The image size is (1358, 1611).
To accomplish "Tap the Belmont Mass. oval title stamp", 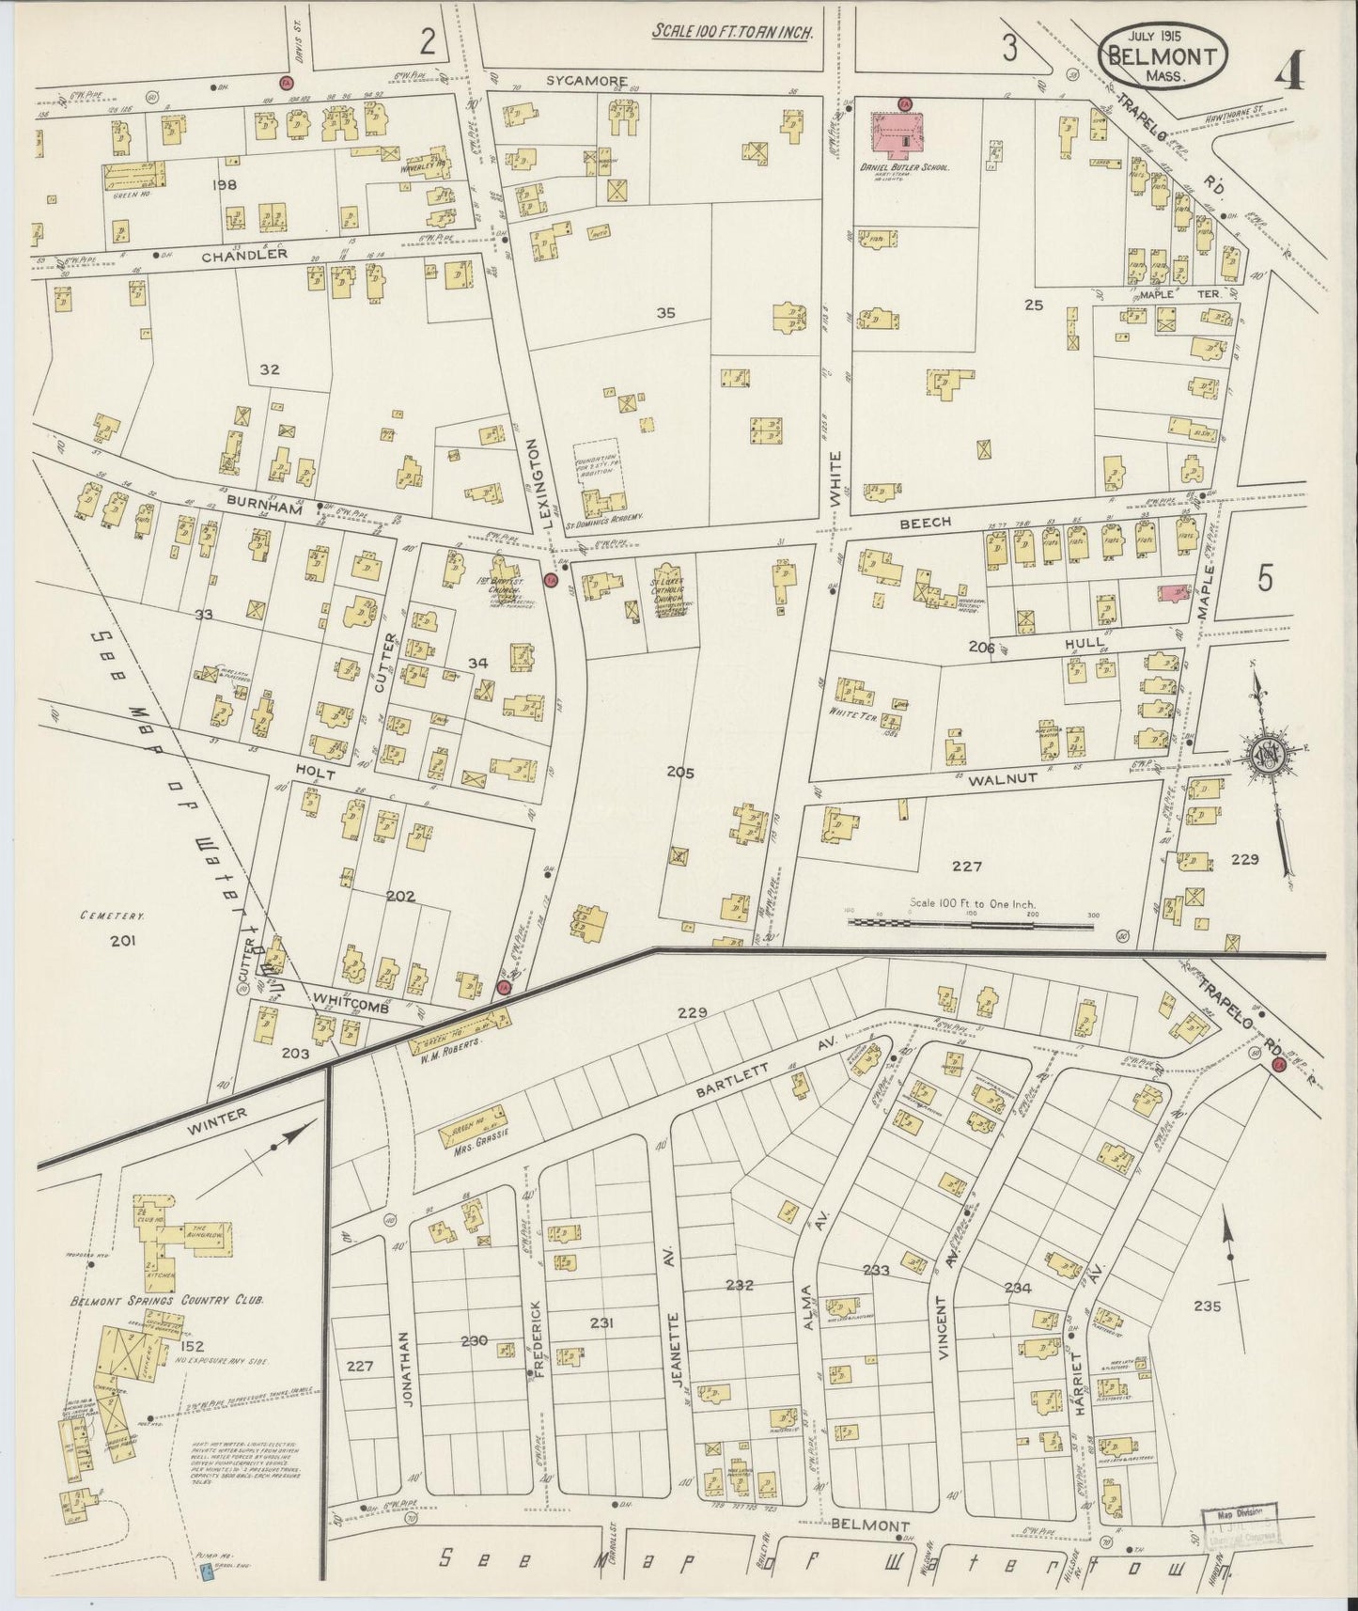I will [1164, 56].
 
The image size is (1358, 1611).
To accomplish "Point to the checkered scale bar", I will [970, 924].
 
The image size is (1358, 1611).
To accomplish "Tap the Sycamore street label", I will [587, 82].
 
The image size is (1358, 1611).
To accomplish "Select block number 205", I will [679, 773].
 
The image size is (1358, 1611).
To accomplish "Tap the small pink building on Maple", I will [1171, 592].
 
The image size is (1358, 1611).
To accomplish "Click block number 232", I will [740, 1284].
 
